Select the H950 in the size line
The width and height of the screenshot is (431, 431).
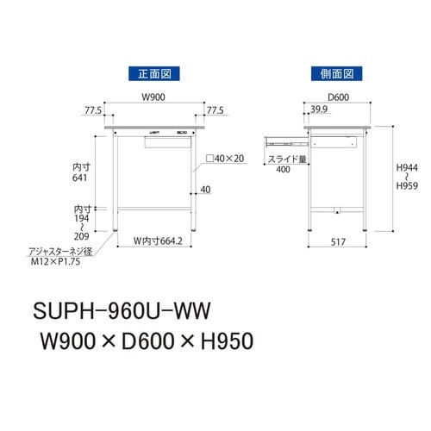click(x=216, y=340)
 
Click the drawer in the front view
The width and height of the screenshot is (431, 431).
click(x=167, y=141)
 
